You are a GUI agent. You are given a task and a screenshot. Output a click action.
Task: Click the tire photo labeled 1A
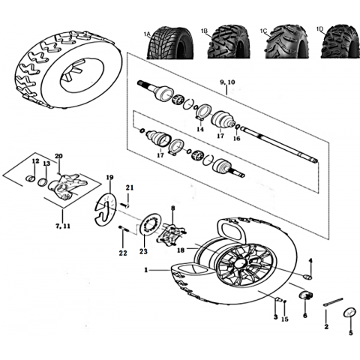[x=170, y=42]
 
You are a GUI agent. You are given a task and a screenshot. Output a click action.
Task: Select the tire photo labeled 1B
[x=229, y=41]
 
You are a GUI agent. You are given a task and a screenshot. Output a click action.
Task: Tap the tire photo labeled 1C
[x=286, y=41]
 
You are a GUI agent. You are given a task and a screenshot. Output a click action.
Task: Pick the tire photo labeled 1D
[x=340, y=41]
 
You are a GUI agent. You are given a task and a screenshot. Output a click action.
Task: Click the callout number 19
[x=109, y=178]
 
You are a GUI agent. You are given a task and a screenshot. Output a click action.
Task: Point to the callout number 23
[x=143, y=251]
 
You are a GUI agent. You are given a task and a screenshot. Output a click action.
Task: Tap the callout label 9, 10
[x=227, y=82]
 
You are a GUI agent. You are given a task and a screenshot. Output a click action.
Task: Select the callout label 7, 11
[x=63, y=226]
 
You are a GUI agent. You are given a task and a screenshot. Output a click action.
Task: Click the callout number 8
[x=173, y=208]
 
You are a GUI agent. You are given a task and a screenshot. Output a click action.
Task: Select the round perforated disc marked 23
[x=151, y=224]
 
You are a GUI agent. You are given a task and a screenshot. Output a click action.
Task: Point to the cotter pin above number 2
[x=333, y=301]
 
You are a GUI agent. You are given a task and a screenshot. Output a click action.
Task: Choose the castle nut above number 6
[x=306, y=295]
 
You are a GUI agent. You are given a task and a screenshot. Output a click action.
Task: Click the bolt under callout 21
[x=124, y=205]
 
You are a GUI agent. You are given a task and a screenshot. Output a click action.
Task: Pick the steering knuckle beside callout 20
[x=67, y=186]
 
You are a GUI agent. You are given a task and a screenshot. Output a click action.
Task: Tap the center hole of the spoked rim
[x=242, y=264]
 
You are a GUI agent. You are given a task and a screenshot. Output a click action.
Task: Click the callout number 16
[x=236, y=138]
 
